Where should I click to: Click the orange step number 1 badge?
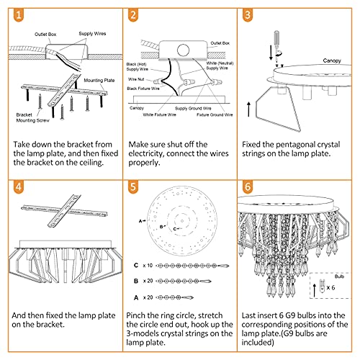point(19,15)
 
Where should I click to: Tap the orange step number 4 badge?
point(19,187)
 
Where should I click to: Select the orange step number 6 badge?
point(248,187)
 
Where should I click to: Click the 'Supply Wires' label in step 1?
point(92,34)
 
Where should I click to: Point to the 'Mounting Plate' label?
point(99,80)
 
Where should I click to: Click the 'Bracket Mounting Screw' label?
point(32,117)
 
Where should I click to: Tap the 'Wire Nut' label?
point(136,79)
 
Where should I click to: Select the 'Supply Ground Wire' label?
point(193,108)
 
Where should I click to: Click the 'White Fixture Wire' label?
point(160,114)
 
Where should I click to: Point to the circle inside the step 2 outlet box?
point(183,50)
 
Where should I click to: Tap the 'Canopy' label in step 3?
point(332,60)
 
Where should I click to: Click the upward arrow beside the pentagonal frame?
point(249,109)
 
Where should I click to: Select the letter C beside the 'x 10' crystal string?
point(136,265)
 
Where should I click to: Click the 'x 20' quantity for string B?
point(148,281)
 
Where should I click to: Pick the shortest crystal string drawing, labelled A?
point(174,297)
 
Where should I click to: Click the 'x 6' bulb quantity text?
point(330,287)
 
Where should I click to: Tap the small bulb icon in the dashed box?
point(322,286)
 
